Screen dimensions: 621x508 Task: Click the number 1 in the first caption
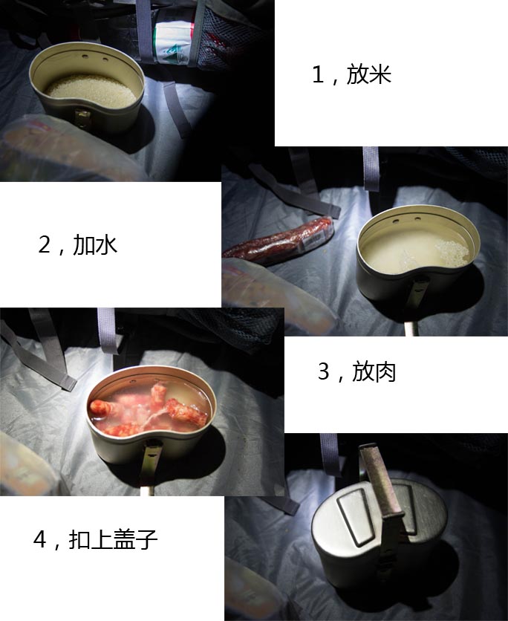318,75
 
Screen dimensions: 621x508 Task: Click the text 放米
368,75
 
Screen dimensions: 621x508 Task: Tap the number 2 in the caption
45,245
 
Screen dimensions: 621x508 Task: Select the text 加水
95,245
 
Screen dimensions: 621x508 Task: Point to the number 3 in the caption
324,371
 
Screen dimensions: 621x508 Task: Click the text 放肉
374,371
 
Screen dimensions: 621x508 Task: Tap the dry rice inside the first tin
91,91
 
